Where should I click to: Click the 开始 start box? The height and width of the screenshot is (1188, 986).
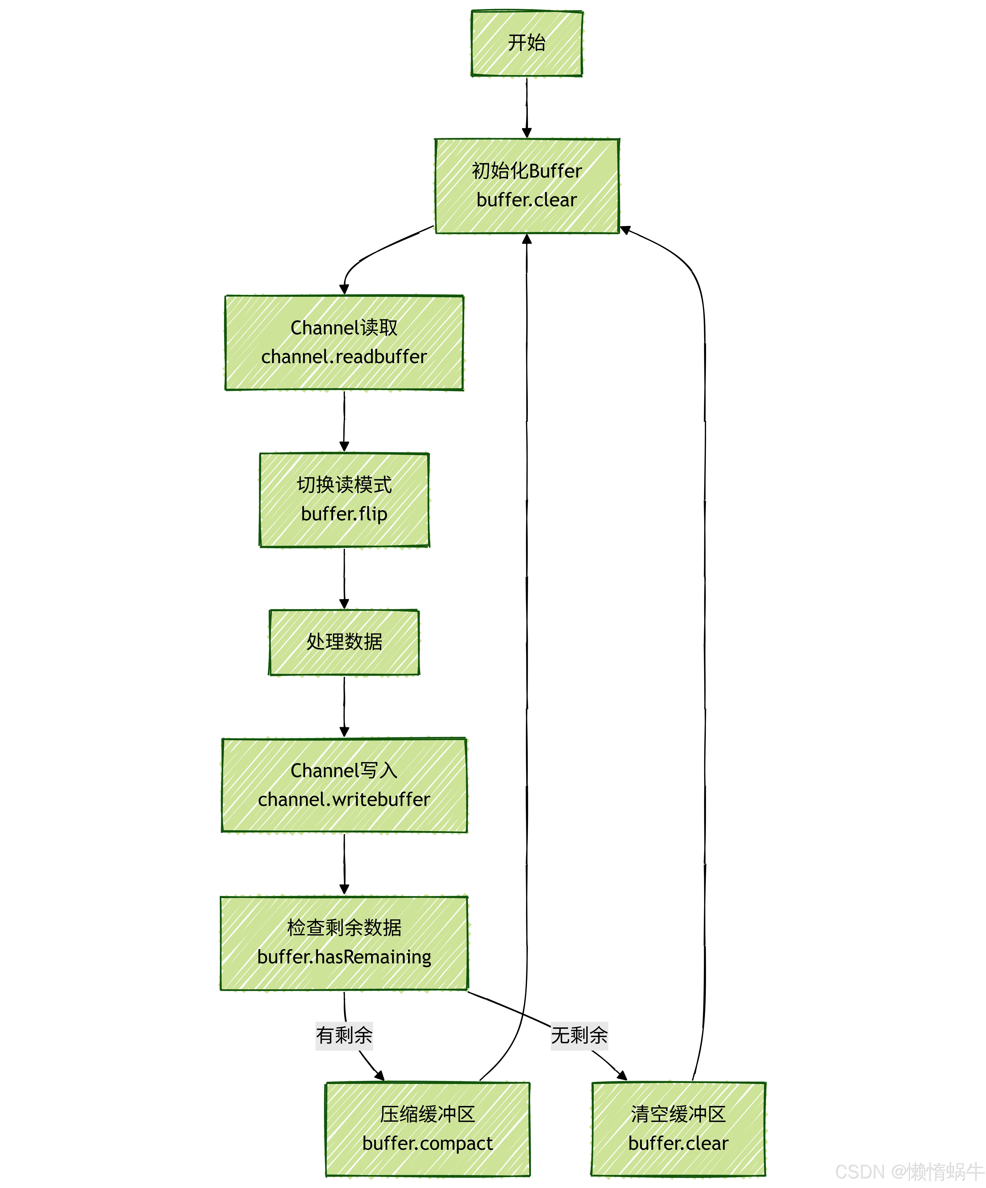[527, 43]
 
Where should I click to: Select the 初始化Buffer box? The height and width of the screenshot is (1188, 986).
[527, 186]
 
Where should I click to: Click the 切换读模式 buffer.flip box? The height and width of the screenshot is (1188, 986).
[344, 500]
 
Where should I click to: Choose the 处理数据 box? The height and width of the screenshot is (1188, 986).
[344, 642]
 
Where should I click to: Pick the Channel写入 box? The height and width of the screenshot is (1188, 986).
[344, 785]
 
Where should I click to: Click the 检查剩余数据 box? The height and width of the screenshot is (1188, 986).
[344, 943]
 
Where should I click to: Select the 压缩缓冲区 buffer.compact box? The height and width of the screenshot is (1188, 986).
[428, 1129]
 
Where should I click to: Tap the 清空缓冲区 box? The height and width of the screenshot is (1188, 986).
[678, 1129]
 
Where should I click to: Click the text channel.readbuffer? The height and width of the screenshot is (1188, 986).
[344, 357]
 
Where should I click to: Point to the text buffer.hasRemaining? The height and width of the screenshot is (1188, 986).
[344, 957]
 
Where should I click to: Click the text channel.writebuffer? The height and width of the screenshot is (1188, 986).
[344, 799]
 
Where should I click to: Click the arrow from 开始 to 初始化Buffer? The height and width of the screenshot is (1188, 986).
[527, 108]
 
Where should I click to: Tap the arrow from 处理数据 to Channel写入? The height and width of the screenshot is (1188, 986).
[344, 707]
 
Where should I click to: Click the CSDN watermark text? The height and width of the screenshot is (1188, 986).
[910, 1171]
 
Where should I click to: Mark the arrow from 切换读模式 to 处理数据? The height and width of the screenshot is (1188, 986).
[344, 578]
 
